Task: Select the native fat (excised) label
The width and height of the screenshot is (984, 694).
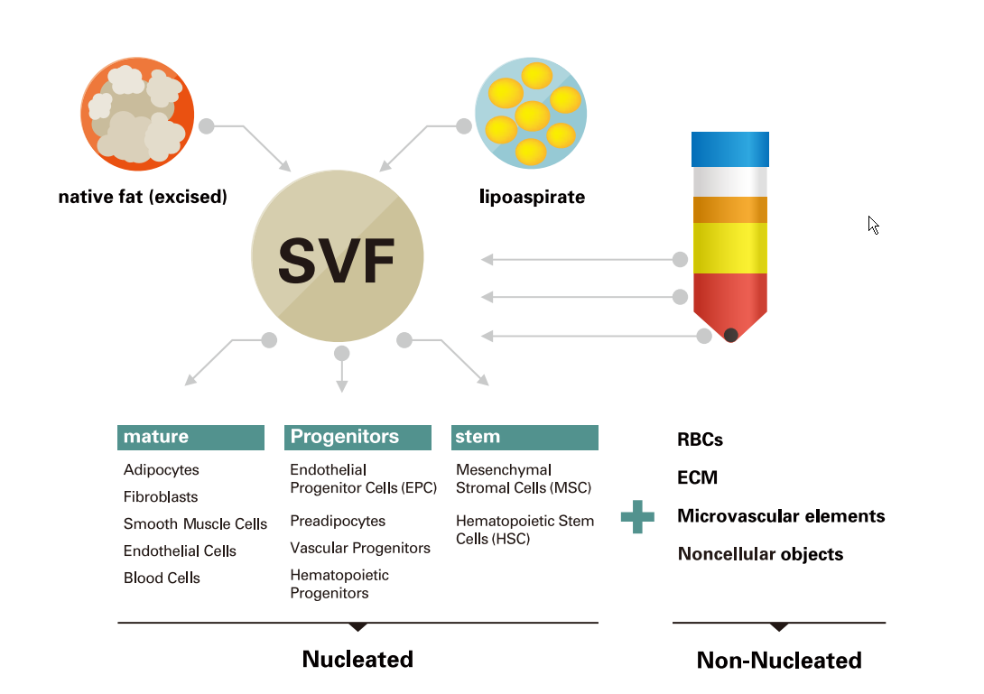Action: click(x=143, y=196)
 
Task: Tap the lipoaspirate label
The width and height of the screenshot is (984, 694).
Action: click(x=532, y=196)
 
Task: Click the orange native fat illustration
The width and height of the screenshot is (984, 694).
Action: click(x=137, y=113)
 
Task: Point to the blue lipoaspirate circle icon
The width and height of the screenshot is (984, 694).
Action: click(x=531, y=113)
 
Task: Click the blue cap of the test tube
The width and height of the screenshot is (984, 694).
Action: click(x=729, y=149)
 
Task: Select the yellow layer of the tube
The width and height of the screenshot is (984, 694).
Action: click(x=729, y=247)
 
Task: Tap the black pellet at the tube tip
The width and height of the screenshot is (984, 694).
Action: click(x=730, y=335)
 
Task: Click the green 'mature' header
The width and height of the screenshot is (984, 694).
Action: click(x=190, y=437)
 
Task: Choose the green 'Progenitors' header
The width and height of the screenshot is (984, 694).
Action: click(x=357, y=437)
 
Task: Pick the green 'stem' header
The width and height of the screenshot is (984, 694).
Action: click(x=524, y=437)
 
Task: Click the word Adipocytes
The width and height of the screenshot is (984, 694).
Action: click(x=162, y=469)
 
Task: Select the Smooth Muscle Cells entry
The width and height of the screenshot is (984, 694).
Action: click(x=195, y=523)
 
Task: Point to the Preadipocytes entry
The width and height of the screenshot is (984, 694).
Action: click(x=338, y=521)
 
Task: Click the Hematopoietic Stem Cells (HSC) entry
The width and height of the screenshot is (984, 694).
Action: click(x=524, y=530)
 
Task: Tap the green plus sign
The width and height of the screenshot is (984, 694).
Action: click(x=637, y=517)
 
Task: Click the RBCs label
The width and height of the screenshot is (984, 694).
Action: click(x=700, y=440)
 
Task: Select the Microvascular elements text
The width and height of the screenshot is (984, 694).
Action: click(x=781, y=516)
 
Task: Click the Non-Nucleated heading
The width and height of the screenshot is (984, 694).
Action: click(x=779, y=660)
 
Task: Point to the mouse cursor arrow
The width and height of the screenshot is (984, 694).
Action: click(x=873, y=225)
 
